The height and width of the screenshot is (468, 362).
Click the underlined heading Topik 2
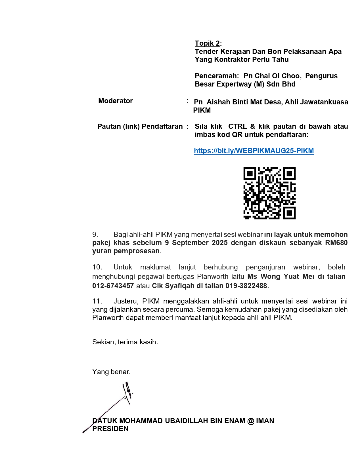coord(207,43)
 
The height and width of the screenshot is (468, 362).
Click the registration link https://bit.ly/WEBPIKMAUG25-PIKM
coord(254,151)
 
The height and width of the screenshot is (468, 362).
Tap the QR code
coord(269,193)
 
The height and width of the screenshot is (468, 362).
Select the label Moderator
coord(115,101)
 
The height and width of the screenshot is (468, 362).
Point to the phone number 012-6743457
coord(113,286)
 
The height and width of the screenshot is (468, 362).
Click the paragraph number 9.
coord(95,235)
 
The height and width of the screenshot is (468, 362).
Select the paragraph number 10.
coord(97,267)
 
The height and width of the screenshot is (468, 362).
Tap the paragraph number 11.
coord(97,301)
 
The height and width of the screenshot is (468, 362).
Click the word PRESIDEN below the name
coord(110,429)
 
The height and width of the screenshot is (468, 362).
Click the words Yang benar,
coord(111,372)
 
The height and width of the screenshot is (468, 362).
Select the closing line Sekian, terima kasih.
coord(125,342)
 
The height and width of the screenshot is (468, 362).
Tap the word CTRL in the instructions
coord(237,127)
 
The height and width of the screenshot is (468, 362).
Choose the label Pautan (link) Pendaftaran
coord(140,127)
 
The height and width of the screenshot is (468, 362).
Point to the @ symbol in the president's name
coord(251,421)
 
